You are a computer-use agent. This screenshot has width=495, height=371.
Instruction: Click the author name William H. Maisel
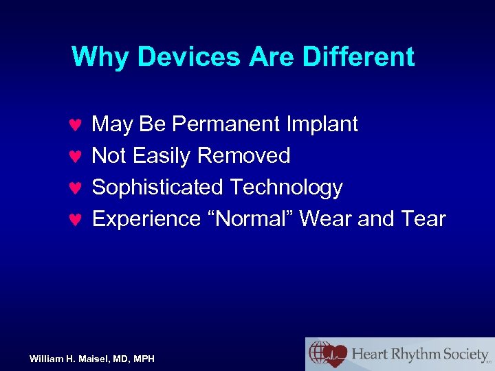[67, 359]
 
